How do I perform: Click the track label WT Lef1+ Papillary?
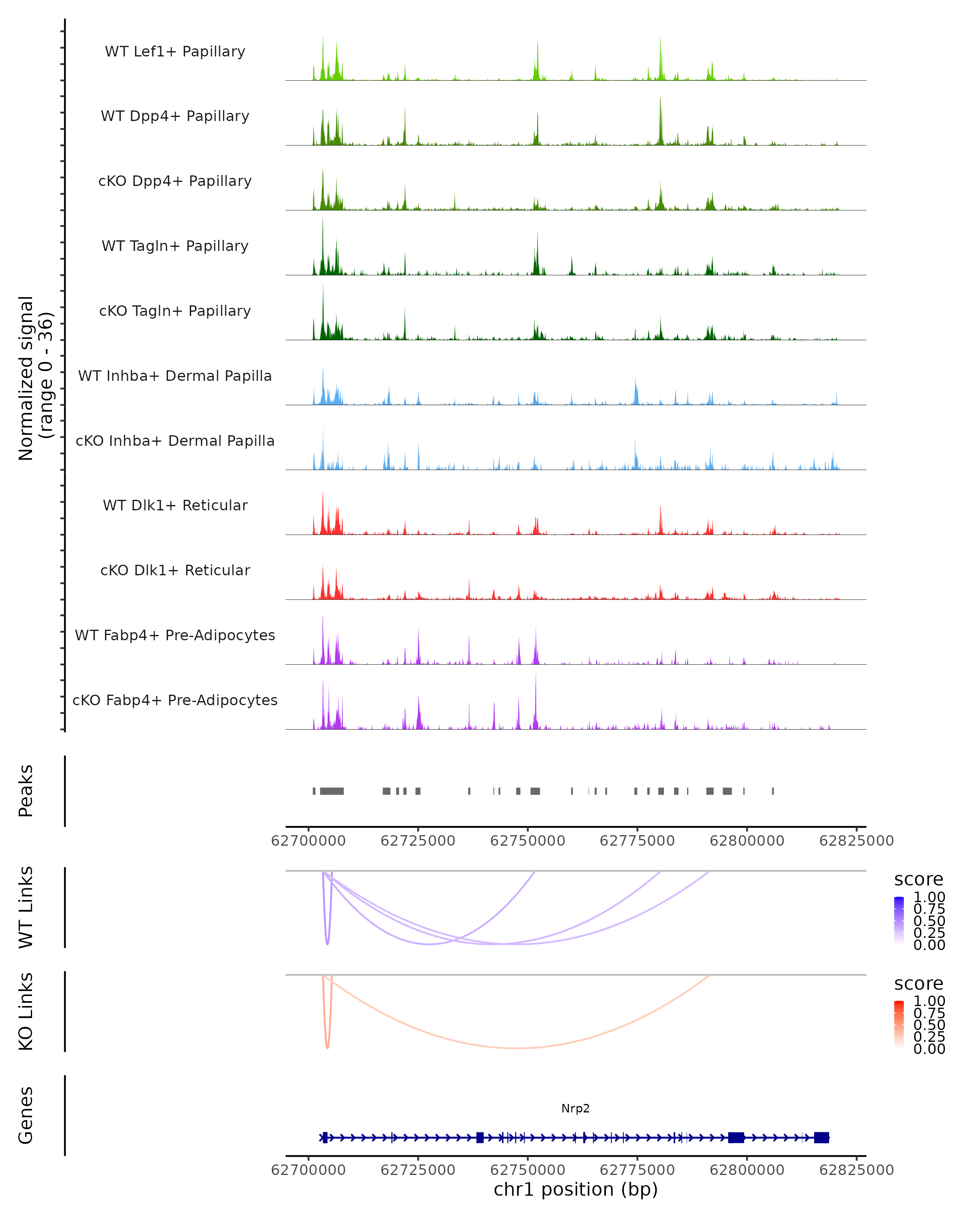point(175,52)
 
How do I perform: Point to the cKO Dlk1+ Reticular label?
point(175,570)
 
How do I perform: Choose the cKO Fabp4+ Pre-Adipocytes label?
point(175,700)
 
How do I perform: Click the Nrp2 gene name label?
point(575,1108)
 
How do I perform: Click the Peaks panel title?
point(26,791)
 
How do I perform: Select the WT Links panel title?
point(26,907)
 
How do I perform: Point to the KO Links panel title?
point(26,1012)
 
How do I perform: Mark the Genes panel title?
point(26,1115)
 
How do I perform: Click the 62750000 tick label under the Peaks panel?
point(527,841)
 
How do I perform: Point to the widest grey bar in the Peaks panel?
point(332,791)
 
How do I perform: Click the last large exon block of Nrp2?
point(821,1137)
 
